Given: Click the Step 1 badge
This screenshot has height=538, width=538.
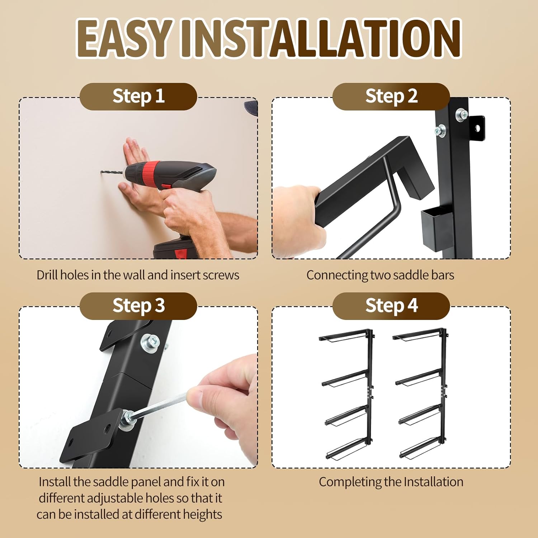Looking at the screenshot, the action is coord(138,96).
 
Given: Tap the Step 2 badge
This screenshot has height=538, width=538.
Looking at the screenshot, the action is coord(391,96).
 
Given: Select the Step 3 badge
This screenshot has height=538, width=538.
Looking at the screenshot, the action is coord(138,306).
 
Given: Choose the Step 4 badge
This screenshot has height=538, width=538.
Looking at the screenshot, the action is coord(391,306).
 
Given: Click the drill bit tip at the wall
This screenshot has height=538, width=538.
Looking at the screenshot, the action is coord(102,172).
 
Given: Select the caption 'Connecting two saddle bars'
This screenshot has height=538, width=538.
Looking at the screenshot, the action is coord(380,275).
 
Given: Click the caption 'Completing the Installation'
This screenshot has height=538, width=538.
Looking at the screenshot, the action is coord(391,482).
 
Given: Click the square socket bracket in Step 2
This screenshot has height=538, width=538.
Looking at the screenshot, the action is coord(436,228).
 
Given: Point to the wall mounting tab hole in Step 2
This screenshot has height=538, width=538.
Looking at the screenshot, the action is coord(477,128).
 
